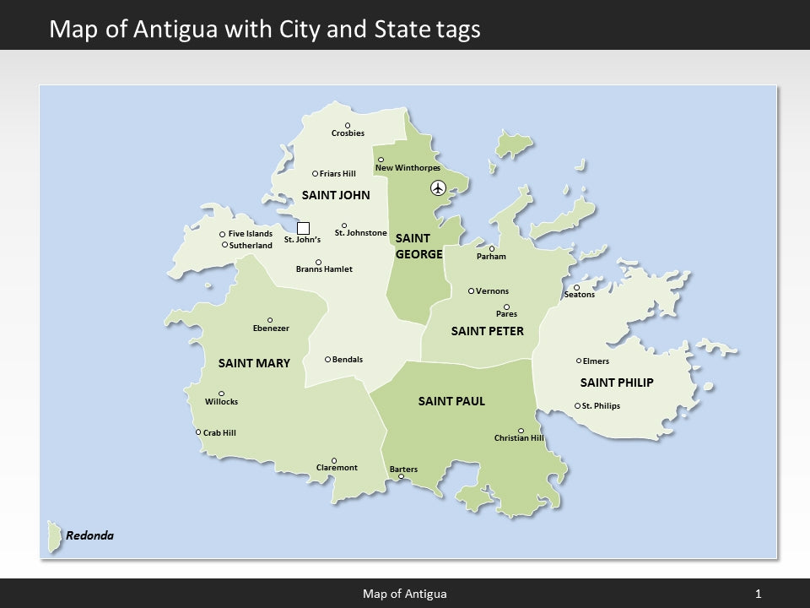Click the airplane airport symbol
click(x=437, y=187)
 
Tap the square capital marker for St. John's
click(x=304, y=228)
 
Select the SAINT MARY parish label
click(x=254, y=363)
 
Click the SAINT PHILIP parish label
click(x=617, y=383)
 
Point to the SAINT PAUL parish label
click(x=451, y=401)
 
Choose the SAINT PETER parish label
click(x=487, y=331)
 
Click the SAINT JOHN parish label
click(x=336, y=195)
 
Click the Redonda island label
click(x=89, y=535)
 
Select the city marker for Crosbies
click(x=348, y=126)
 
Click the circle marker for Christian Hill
click(x=521, y=431)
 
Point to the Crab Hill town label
click(x=219, y=433)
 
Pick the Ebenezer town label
click(x=271, y=328)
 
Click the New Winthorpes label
click(x=408, y=168)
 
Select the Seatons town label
click(x=579, y=295)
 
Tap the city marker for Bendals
click(x=327, y=359)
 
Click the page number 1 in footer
click(x=758, y=594)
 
